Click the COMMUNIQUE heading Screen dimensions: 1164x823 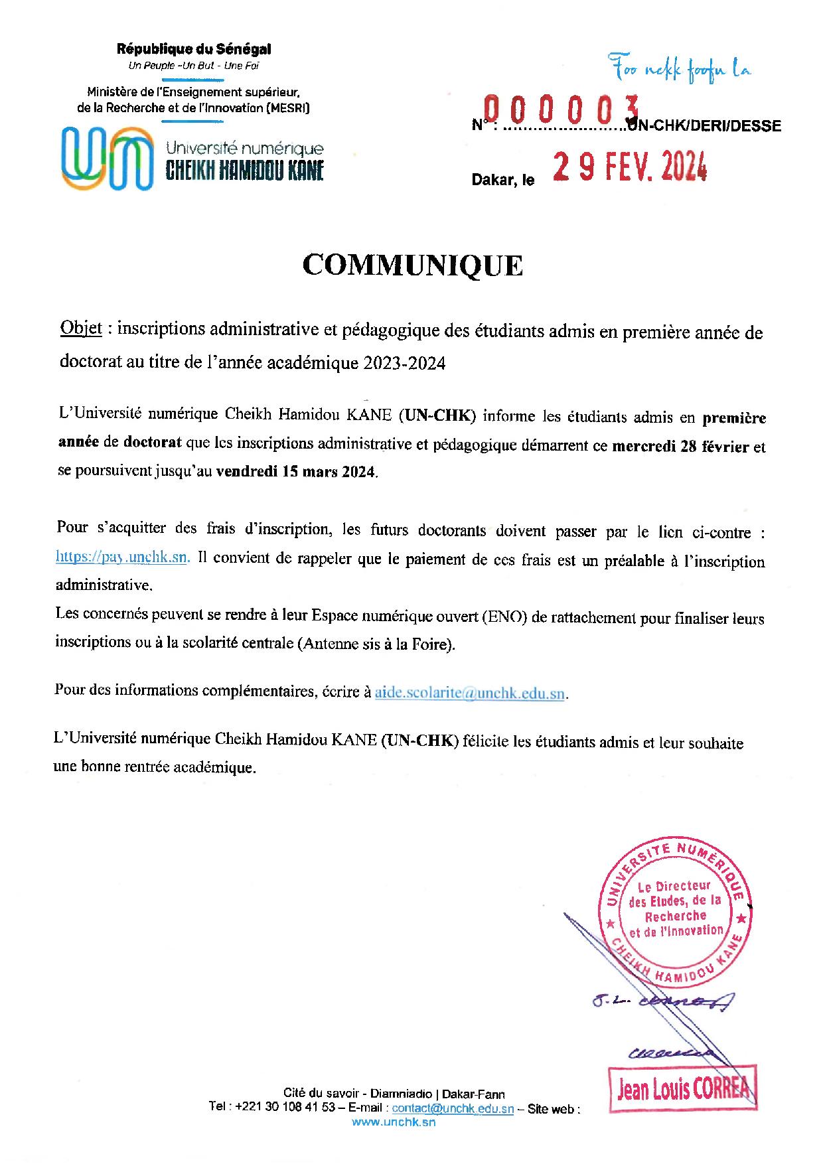pos(413,265)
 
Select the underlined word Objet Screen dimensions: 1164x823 pos(81,328)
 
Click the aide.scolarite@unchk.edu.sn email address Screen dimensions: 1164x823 pos(470,693)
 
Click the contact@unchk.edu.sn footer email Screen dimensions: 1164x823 pos(453,1108)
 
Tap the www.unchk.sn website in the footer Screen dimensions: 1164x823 pos(394,1122)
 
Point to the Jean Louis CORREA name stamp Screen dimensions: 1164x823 pos(683,1089)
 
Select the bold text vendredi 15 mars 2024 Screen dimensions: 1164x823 pos(296,473)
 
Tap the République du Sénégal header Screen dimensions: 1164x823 pos(194,48)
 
